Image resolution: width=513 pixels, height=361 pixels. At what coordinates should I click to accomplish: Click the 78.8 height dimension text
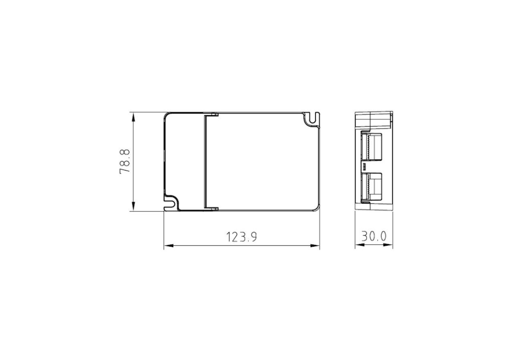coord(125,162)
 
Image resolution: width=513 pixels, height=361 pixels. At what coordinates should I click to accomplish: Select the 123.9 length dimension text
coord(242,237)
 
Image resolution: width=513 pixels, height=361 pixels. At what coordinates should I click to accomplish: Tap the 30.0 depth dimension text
coord(374,236)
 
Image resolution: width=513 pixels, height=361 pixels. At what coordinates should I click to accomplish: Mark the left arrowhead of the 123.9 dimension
coord(169,246)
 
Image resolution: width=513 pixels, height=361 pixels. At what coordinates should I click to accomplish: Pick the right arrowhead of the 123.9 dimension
coord(315,246)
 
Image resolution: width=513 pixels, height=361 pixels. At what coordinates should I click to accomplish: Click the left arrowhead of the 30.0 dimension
coord(360,245)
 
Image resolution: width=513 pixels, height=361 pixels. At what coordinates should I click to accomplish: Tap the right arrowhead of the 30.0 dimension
coord(388,245)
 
